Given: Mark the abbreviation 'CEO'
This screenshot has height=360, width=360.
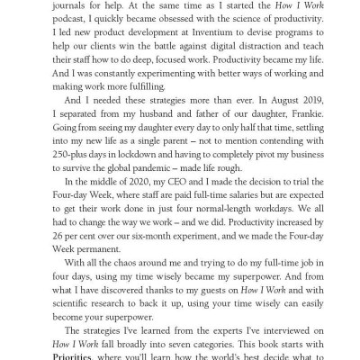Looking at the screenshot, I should pos(184,221).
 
